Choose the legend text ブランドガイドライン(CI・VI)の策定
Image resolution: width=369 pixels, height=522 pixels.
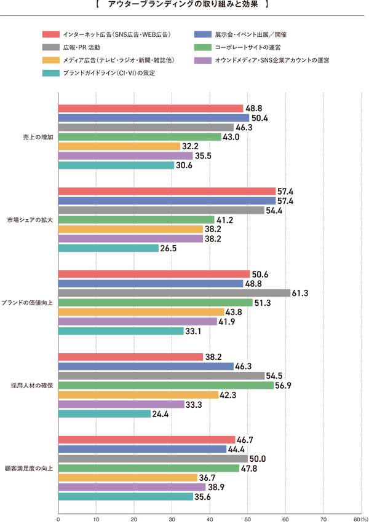point(108,73)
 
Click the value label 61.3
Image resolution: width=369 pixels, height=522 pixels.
point(300,293)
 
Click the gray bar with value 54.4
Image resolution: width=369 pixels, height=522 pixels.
point(161,210)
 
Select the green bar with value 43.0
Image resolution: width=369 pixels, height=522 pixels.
point(138,136)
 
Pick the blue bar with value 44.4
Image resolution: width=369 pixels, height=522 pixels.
point(141,450)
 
